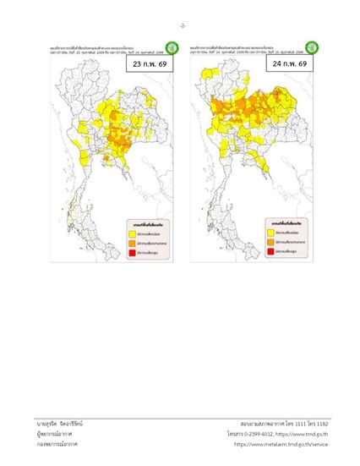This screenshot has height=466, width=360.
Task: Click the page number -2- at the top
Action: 180,25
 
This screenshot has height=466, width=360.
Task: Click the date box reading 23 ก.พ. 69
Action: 149,64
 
